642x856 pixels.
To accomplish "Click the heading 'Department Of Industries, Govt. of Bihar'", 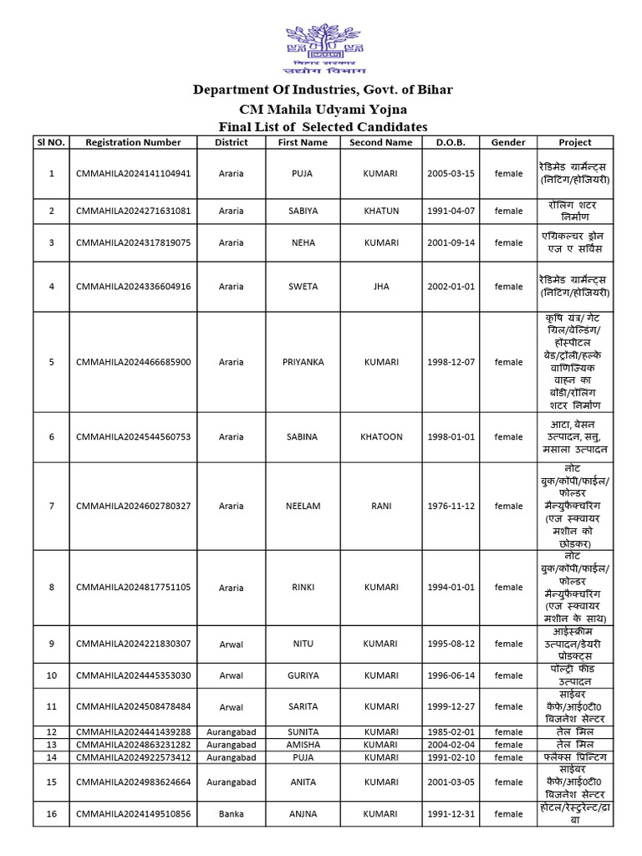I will point(323,89).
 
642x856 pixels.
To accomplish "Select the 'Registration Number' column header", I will point(133,142).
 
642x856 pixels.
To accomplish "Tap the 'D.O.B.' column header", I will point(451,142).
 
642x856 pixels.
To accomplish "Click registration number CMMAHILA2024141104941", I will point(133,173).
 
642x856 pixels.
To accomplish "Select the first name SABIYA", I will point(303,211).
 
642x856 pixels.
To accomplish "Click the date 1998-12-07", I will point(451,362).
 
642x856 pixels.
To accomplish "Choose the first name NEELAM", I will point(303,506).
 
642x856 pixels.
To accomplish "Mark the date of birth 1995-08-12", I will point(451,643).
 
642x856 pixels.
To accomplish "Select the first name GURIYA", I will point(303,675).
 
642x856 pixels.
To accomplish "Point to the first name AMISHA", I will point(303,744).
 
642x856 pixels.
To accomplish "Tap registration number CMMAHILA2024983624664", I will point(133,781).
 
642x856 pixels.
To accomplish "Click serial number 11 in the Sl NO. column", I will point(51,706).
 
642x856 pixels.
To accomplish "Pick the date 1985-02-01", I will point(451,731).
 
